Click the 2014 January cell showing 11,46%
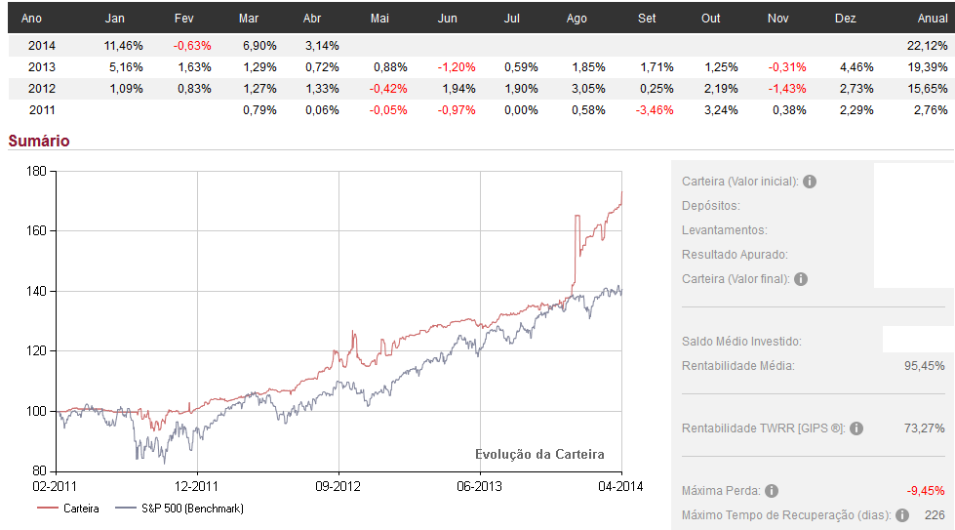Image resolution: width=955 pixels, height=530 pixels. point(123,46)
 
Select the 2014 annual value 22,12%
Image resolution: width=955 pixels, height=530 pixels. point(928,46)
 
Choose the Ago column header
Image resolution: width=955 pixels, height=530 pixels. point(577,19)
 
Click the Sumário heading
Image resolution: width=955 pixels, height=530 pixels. point(39,141)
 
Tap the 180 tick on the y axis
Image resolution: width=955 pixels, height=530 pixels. point(37,171)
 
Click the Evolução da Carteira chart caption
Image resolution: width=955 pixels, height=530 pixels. point(539,455)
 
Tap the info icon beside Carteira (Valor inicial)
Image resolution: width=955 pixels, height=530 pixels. point(810,182)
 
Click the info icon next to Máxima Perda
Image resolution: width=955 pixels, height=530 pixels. point(772,491)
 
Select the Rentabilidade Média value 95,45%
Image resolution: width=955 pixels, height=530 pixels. point(925,366)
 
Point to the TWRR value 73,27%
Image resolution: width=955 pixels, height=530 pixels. point(925,428)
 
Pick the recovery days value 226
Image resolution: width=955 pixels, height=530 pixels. point(934,515)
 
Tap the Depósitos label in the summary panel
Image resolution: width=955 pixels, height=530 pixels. point(711,206)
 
